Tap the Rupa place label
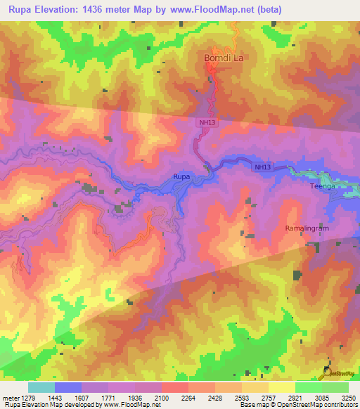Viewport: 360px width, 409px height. click(x=181, y=176)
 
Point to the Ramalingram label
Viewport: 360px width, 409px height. click(x=307, y=229)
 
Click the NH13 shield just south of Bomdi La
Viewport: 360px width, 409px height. click(x=203, y=122)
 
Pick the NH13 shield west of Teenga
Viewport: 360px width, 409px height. click(x=262, y=167)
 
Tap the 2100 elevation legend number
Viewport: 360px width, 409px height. click(x=162, y=398)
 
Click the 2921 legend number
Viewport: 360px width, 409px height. click(x=294, y=398)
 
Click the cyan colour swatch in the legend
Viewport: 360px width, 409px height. click(x=41, y=387)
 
